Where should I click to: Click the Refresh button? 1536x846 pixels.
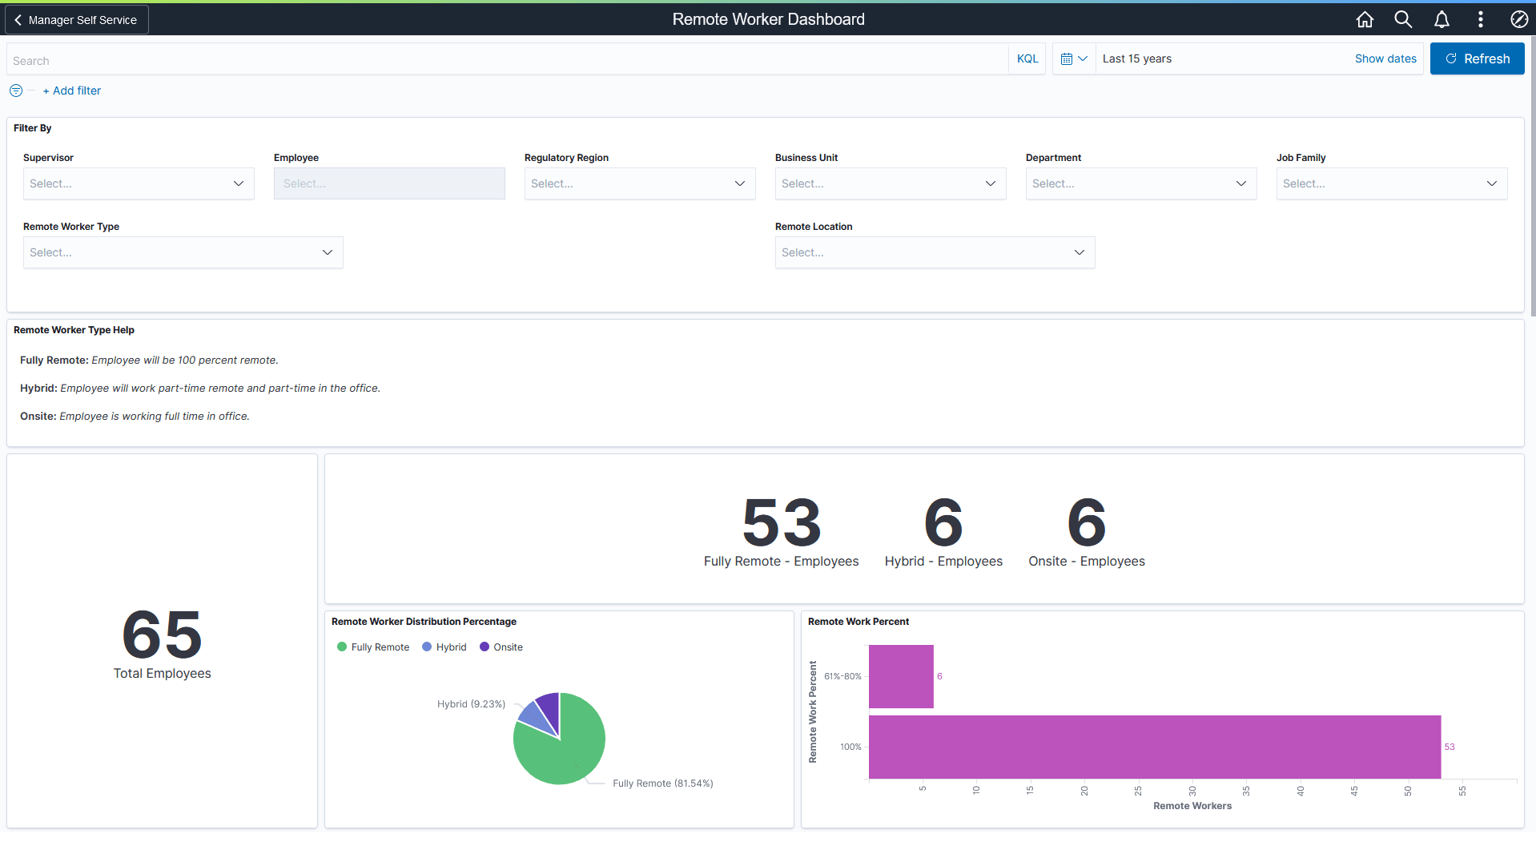[1477, 58]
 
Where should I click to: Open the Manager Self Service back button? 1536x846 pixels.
[76, 20]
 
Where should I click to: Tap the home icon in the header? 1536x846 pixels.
[1365, 19]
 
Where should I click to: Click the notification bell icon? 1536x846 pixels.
[1442, 19]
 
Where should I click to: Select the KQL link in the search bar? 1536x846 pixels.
[1027, 58]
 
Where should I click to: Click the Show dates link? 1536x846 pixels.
[1385, 58]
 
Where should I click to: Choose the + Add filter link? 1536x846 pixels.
[72, 91]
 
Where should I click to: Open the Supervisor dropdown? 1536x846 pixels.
[138, 183]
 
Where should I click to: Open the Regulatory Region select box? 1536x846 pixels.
[639, 183]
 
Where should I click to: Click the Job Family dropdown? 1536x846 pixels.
[1391, 183]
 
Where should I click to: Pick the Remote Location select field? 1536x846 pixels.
[934, 252]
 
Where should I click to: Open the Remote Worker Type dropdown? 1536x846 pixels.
[183, 252]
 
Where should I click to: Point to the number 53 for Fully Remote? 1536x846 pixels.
[781, 522]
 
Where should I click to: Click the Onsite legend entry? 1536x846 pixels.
[501, 647]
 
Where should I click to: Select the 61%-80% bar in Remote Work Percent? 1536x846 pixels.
[901, 676]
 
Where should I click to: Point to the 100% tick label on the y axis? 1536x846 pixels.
[850, 747]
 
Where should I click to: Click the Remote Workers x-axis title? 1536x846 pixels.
[1192, 806]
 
